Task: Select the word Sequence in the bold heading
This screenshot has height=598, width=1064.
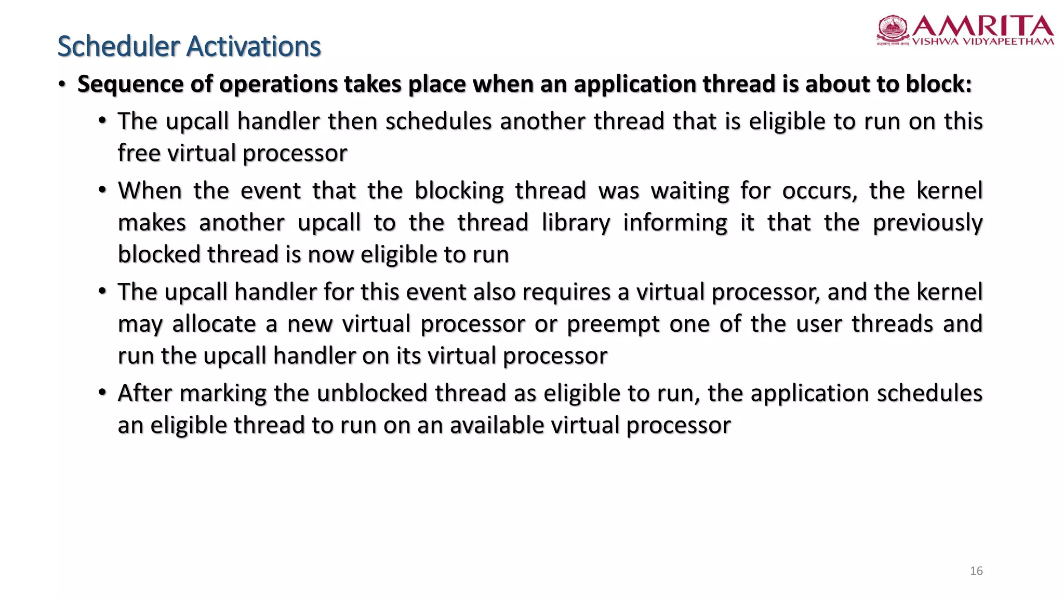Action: [x=130, y=84]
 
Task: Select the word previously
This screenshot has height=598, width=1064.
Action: [x=927, y=223]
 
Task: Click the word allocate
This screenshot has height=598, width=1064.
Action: [x=214, y=324]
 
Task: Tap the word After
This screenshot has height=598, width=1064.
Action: [x=144, y=393]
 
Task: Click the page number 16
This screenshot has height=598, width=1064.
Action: [x=976, y=571]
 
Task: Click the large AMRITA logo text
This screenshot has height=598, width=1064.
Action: [x=982, y=26]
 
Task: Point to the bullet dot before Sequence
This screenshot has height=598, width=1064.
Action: [x=62, y=85]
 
